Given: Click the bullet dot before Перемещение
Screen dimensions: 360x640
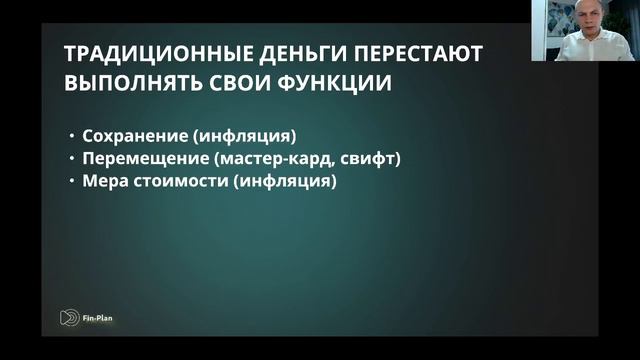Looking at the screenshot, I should [x=72, y=160].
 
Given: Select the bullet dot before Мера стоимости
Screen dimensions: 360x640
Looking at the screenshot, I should [x=72, y=184].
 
